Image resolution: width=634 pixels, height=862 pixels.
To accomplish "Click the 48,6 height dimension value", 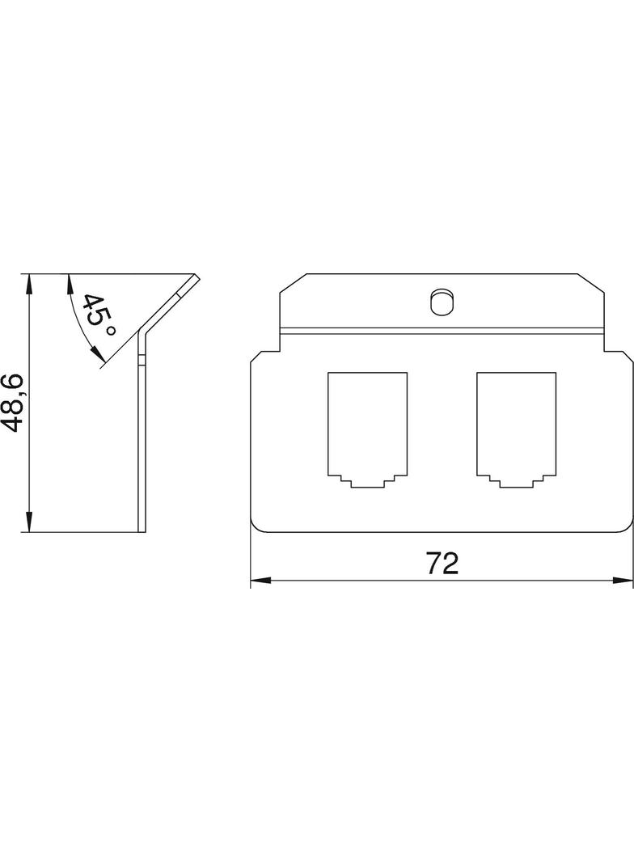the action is pos(11,403).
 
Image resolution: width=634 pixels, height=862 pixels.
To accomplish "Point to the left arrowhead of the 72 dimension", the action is pos(259,580).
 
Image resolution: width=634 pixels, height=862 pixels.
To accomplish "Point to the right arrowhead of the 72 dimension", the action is pos(623,580).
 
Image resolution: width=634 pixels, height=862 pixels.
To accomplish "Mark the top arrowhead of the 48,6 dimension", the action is pos(28,282).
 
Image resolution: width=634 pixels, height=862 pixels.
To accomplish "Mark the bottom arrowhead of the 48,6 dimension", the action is pos(28,522).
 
